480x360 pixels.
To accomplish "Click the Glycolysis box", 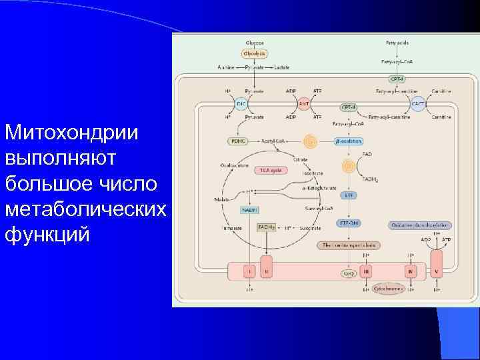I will coord(255,53).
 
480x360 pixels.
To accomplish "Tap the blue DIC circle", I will coord(242,105).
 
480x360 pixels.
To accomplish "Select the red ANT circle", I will coord(303,105).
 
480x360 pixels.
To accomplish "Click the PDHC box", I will coord(238,141).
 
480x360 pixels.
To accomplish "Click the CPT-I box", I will coord(397,78).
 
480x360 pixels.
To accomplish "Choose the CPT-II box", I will coord(348,107).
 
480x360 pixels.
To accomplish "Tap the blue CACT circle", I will coord(419,105).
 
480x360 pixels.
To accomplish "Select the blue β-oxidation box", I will coord(348,141).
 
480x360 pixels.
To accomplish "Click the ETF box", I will coord(349,195).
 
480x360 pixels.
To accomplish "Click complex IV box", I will coord(410,272).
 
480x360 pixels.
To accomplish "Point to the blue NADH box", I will coord(249,210).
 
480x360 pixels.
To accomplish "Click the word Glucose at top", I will coord(255,43).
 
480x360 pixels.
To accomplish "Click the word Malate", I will coord(222,199).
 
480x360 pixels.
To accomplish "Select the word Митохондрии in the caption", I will coord(71,133).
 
